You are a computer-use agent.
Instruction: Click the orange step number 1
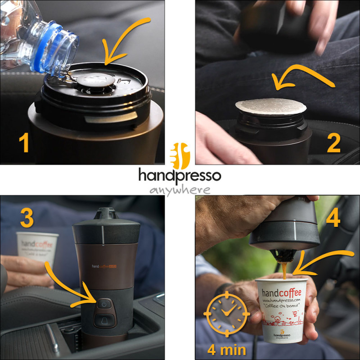(x=23, y=143)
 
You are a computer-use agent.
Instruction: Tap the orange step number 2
(x=334, y=143)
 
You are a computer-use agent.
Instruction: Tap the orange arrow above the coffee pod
(x=301, y=79)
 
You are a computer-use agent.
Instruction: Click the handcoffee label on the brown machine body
(x=105, y=266)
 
